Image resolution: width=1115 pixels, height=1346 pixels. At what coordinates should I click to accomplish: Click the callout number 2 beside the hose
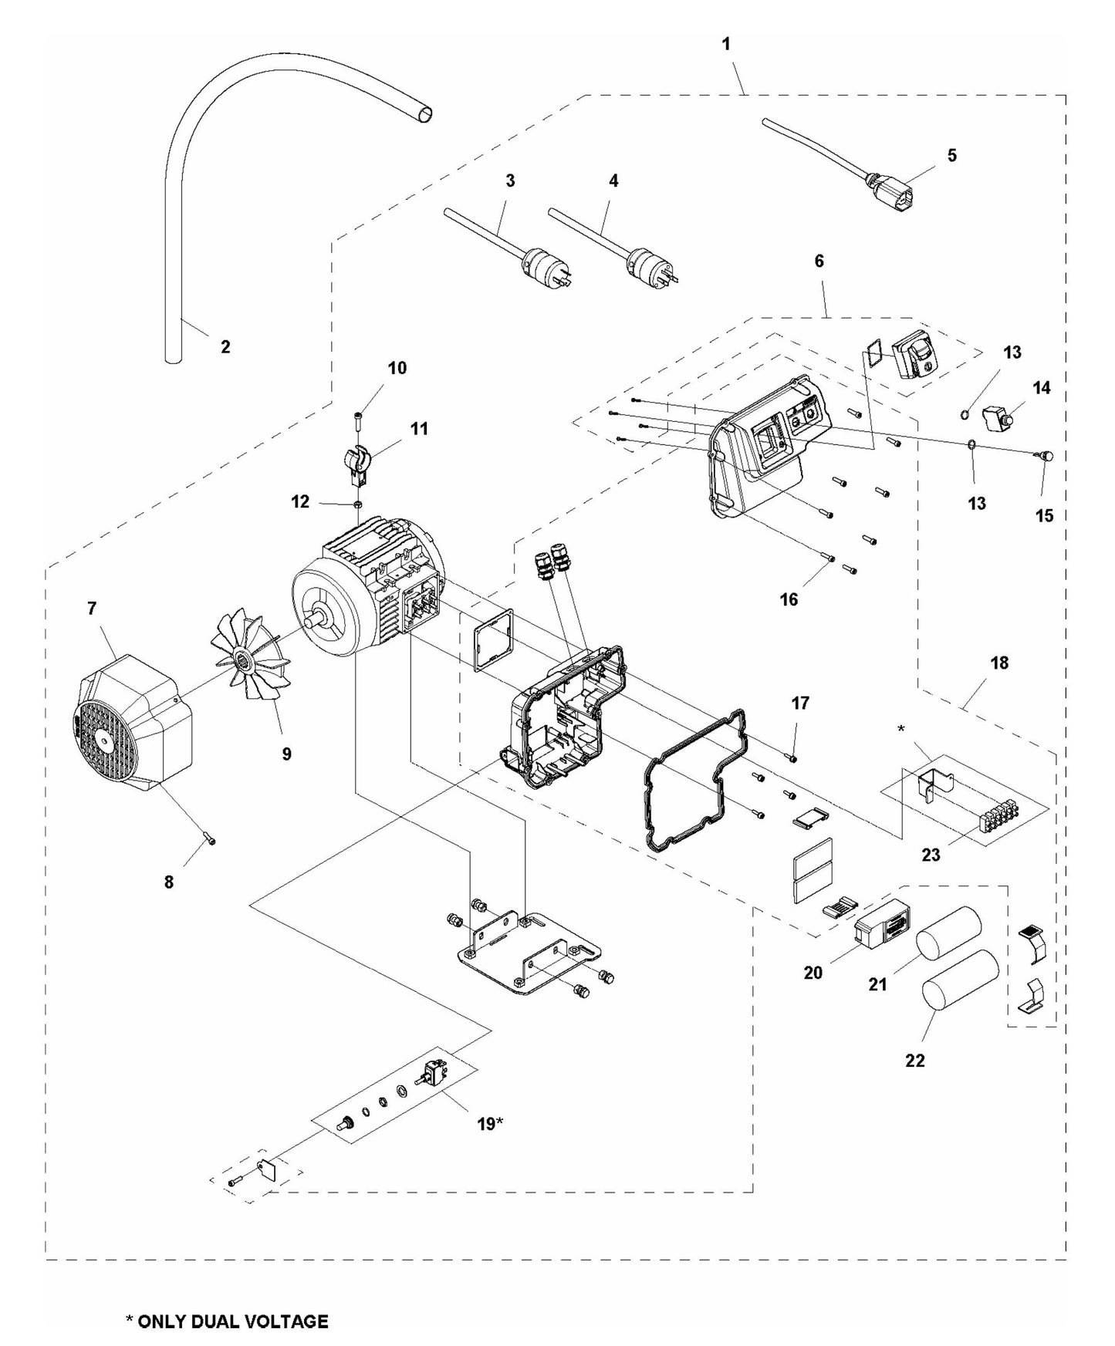(225, 347)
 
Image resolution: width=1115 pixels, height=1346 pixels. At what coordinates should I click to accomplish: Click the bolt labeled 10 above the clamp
(358, 420)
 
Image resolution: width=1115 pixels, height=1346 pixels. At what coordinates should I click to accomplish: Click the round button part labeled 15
(1047, 457)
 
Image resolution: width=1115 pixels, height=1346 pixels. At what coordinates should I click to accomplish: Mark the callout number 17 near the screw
(800, 703)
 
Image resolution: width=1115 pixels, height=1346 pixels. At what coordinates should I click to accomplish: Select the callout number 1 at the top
(725, 45)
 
